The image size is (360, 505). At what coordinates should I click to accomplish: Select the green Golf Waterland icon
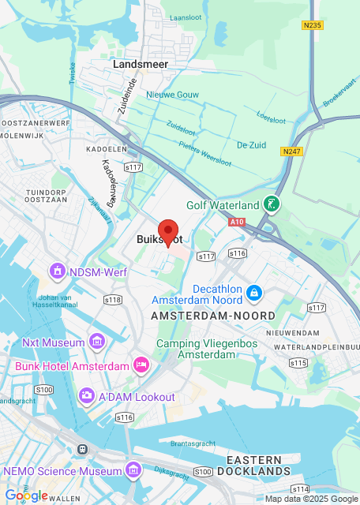coord(272,205)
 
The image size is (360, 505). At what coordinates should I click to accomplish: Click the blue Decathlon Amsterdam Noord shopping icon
coord(253,294)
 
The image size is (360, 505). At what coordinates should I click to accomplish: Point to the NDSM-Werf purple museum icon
coord(57,272)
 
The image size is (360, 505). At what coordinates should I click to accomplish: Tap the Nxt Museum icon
coord(97,342)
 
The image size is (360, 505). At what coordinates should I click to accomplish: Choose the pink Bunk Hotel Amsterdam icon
coord(142,365)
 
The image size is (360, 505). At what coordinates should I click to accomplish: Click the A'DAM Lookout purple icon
coord(87,396)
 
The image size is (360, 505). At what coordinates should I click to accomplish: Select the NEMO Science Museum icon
coord(133,472)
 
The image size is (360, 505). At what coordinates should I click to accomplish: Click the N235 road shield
coord(313,25)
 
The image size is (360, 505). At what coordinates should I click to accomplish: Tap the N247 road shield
coord(292,150)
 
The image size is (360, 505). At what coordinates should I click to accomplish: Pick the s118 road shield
coord(113,300)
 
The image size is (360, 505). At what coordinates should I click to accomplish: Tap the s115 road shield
coord(298,362)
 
